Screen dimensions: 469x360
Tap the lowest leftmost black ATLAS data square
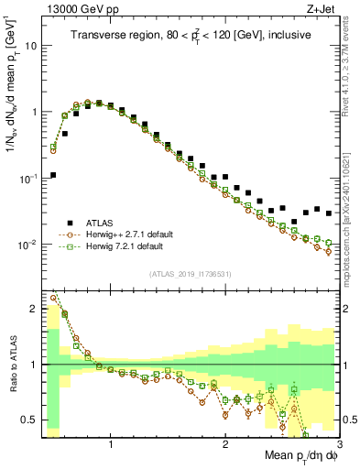(x=53, y=175)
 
